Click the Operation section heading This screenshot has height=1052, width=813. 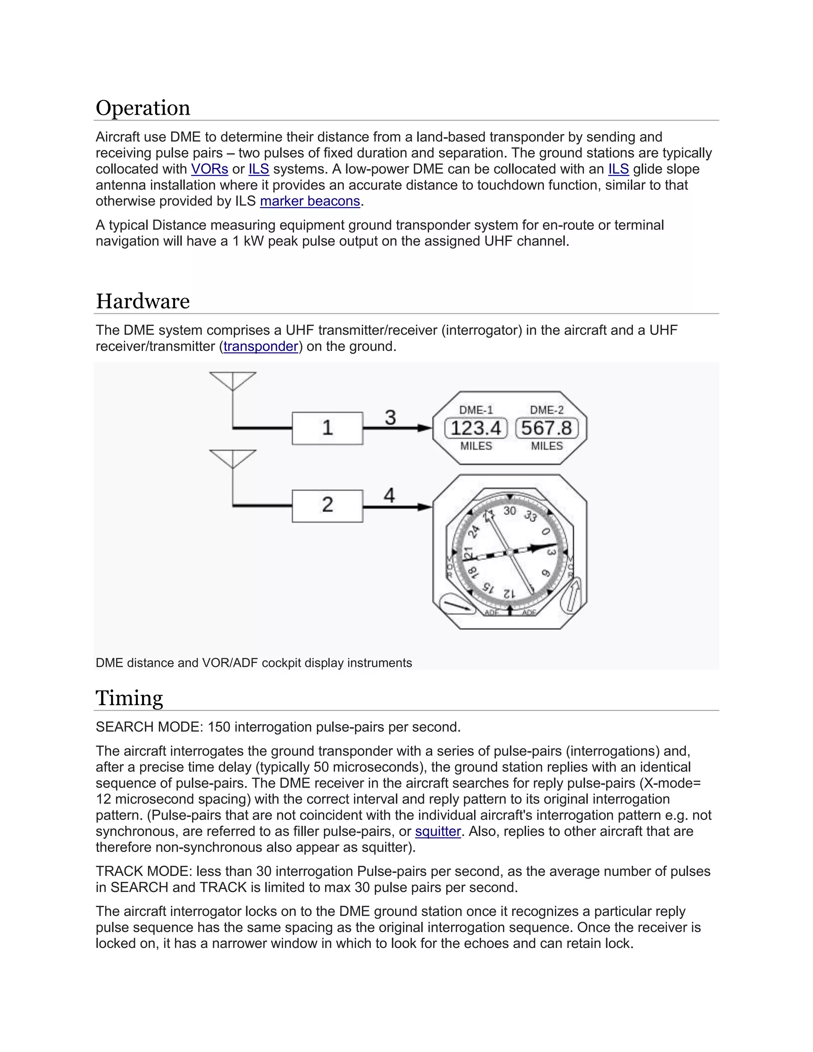coord(143,108)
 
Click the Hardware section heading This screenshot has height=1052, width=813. coord(143,302)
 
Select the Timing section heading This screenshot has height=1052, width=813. coord(129,698)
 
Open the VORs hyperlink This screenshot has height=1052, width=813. coord(210,169)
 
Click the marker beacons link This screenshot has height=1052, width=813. coord(310,201)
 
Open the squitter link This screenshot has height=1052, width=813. coord(438,831)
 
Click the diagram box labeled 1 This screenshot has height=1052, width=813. coord(327,428)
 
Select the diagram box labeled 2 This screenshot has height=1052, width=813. coord(327,505)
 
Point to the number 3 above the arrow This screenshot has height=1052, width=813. coord(390,417)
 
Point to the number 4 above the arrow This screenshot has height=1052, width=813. coord(389,495)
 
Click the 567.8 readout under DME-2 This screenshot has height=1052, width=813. coord(546,428)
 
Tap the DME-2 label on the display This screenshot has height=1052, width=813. coord(546,410)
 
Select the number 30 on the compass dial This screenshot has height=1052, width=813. coord(510,511)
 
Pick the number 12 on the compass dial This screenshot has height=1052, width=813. coord(509,594)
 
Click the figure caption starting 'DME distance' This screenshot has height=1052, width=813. coord(253,663)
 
